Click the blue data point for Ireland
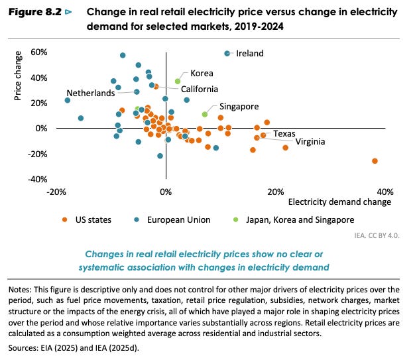227,54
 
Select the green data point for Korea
178,81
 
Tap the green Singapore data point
204,114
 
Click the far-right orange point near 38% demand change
375,161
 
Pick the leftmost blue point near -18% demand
68,100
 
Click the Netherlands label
91,93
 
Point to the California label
200,89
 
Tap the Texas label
284,133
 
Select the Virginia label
310,141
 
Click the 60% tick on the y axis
39,52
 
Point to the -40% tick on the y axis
38,179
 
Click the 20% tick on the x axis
276,192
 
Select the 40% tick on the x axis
385,192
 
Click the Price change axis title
17,76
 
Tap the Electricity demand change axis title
339,202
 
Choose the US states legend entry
87,220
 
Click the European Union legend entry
172,220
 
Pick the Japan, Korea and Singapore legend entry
294,220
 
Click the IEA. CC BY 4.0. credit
377,235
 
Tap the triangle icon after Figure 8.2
68,12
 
